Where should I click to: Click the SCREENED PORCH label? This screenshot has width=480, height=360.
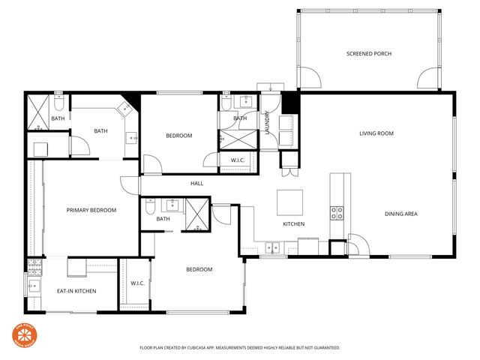pyautogui.click(x=369, y=54)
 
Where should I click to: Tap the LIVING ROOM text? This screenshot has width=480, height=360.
pyautogui.click(x=376, y=133)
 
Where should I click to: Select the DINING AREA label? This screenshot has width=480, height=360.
pyautogui.click(x=400, y=214)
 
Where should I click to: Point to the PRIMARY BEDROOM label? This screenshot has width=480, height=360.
pyautogui.click(x=91, y=210)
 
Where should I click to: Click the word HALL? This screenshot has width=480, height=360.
pyautogui.click(x=196, y=183)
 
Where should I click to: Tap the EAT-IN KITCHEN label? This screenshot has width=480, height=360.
pyautogui.click(x=76, y=291)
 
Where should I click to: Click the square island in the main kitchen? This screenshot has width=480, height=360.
pyautogui.click(x=290, y=202)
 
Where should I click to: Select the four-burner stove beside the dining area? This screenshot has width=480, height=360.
pyautogui.click(x=337, y=212)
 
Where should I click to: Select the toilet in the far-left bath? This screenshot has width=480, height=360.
pyautogui.click(x=40, y=148)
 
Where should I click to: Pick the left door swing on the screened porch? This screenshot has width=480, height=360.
pyautogui.click(x=308, y=77)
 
